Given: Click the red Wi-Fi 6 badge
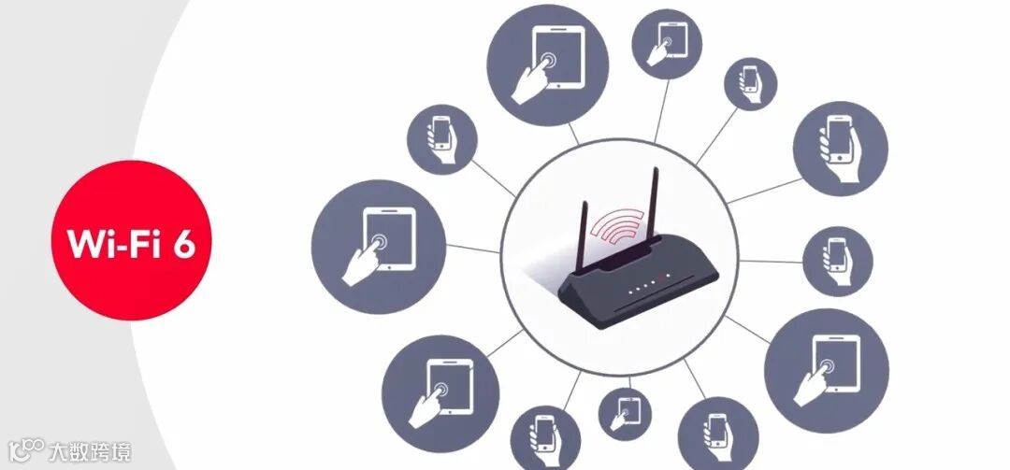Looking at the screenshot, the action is click(x=132, y=240).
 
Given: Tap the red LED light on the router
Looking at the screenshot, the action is click(x=666, y=278).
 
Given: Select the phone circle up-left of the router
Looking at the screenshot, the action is click(x=441, y=139).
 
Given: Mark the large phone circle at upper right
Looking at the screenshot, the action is click(x=840, y=148).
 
